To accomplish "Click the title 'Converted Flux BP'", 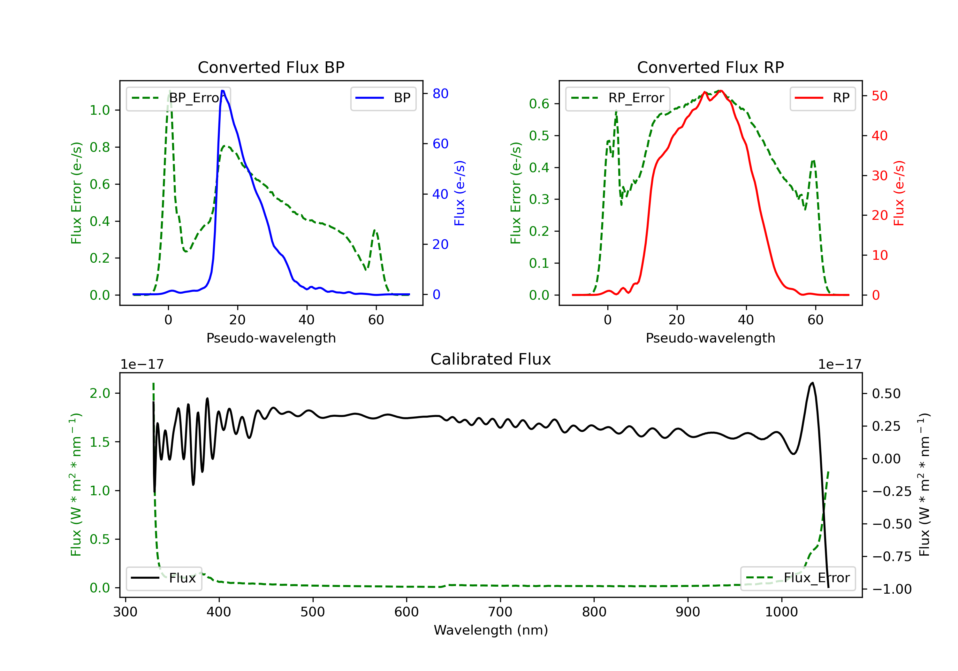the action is [271, 67].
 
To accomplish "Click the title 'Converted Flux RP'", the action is [711, 67].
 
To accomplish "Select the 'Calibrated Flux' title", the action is [491, 359].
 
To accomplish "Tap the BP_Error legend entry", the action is [179, 98].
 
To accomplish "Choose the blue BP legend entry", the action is [383, 98].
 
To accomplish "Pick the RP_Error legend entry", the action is [618, 98].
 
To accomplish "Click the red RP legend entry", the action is [822, 98].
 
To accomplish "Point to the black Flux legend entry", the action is [163, 578].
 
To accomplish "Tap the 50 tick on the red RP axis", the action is [879, 96].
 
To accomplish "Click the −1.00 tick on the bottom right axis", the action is [892, 589].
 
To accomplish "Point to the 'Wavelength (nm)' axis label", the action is [491, 630].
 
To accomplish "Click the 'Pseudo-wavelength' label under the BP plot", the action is [271, 338].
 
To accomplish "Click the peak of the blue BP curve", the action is [223, 91].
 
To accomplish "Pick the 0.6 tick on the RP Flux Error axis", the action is [539, 104].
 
